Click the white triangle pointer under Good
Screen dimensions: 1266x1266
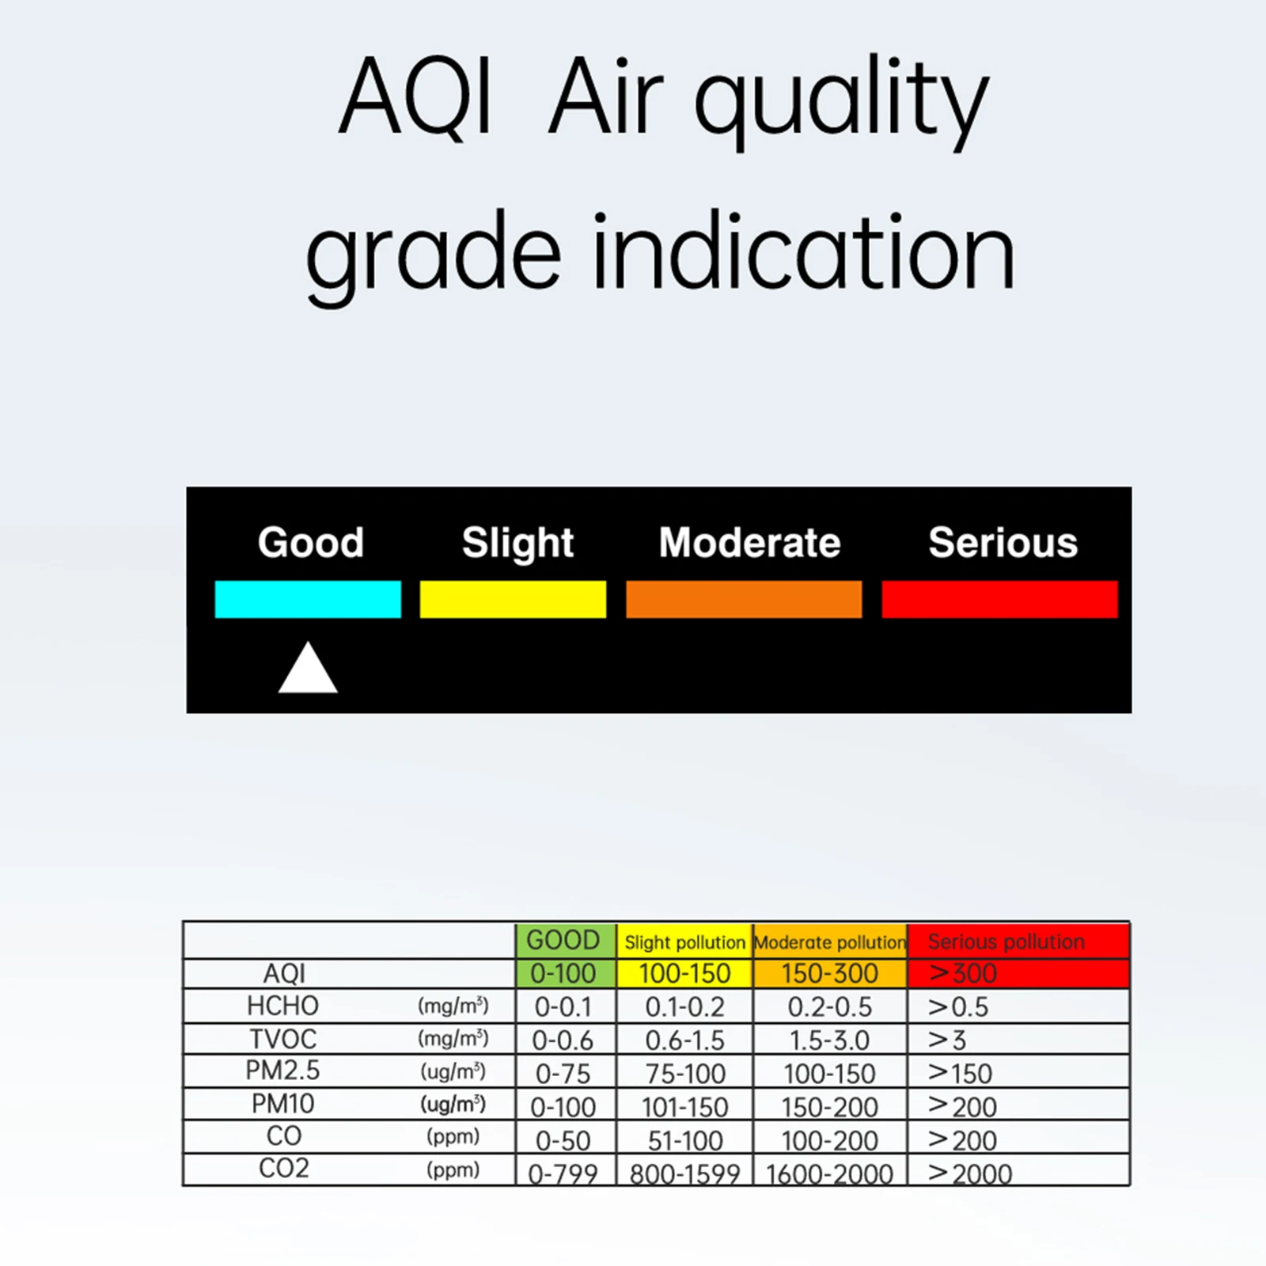pyautogui.click(x=308, y=668)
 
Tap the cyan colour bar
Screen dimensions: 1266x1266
pyautogui.click(x=308, y=599)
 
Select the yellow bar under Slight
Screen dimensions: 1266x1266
pyautogui.click(x=513, y=599)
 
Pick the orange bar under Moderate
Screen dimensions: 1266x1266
pyautogui.click(x=744, y=599)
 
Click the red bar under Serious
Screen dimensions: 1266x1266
pyautogui.click(x=999, y=599)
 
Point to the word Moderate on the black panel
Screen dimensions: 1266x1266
pyautogui.click(x=749, y=543)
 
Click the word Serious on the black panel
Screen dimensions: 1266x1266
pyautogui.click(x=1003, y=543)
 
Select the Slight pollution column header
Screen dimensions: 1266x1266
pyautogui.click(x=684, y=941)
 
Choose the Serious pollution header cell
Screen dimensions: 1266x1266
pyautogui.click(x=1018, y=941)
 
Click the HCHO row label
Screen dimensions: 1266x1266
pyautogui.click(x=282, y=1006)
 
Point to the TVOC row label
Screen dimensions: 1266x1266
pyautogui.click(x=282, y=1039)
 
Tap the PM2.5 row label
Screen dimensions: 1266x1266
pyautogui.click(x=282, y=1071)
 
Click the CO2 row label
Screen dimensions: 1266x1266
pyautogui.click(x=283, y=1169)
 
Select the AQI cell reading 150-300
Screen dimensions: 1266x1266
pyautogui.click(x=830, y=973)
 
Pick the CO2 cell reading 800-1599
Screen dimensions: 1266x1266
pyautogui.click(x=684, y=1172)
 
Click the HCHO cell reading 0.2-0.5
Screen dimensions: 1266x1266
pyautogui.click(x=830, y=1006)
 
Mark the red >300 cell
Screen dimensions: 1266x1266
pyautogui.click(x=1018, y=973)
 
